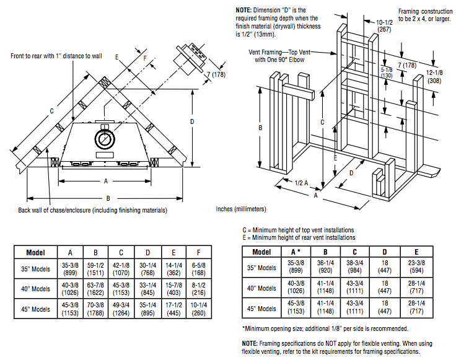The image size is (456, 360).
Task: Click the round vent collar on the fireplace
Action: pos(105,139)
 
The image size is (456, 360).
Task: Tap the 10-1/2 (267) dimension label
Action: pos(384,25)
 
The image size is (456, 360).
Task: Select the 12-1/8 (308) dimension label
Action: pos(434,76)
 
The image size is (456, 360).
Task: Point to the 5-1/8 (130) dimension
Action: pos(387,72)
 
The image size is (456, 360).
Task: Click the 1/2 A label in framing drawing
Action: pos(301,183)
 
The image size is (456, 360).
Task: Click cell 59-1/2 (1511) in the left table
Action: pos(95,269)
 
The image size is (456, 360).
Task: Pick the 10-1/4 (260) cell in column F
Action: pos(199,309)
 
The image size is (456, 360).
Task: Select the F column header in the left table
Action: pos(199,252)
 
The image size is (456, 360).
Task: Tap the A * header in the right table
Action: pos(296,252)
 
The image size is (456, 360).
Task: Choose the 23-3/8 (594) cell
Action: pos(416,267)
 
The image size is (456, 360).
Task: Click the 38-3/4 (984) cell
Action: pos(355,267)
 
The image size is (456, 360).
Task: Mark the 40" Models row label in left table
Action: pos(35,289)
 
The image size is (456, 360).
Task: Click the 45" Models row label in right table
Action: pos(261,308)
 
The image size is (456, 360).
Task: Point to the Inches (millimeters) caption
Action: pos(241,209)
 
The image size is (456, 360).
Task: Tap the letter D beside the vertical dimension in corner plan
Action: pos(192,121)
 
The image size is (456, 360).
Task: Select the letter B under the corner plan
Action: pos(108,198)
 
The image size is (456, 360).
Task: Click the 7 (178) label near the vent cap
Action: pos(216,75)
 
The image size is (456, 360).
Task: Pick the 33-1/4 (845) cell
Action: pos(147,289)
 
